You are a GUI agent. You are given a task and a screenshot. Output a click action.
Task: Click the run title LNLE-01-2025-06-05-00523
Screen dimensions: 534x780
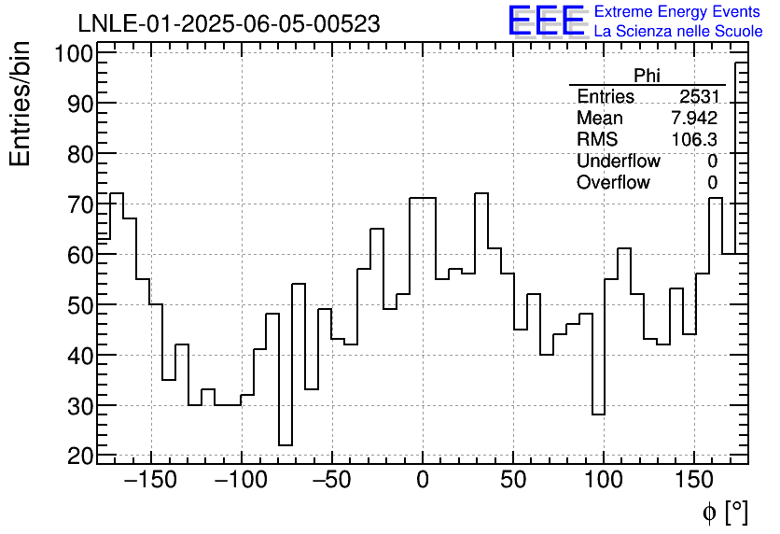click(x=229, y=24)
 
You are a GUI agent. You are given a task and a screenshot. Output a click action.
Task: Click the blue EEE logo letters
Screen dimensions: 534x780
click(x=546, y=21)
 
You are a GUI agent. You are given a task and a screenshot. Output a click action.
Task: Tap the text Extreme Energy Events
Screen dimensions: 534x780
click(x=678, y=12)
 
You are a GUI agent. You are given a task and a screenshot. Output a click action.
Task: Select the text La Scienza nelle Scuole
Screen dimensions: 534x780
click(x=678, y=32)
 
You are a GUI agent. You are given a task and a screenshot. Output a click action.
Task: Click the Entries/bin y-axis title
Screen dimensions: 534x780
click(x=21, y=104)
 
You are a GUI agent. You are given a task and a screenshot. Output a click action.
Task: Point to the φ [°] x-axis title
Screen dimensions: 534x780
click(x=725, y=512)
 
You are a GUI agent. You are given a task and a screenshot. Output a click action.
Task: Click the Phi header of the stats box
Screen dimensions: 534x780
click(x=647, y=77)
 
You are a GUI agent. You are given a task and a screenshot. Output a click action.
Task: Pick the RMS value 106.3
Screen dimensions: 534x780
click(x=694, y=139)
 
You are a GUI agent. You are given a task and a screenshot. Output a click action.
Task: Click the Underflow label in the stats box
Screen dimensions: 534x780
click(x=618, y=161)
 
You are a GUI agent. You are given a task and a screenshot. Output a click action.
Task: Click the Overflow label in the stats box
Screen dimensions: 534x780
click(x=613, y=182)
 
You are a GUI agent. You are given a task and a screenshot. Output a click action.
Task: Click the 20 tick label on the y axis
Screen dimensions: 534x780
click(x=79, y=456)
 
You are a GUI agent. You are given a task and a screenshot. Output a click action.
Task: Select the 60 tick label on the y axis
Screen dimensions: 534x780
click(x=79, y=254)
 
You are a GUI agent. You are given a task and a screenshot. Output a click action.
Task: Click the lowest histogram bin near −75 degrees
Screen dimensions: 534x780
click(x=286, y=445)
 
